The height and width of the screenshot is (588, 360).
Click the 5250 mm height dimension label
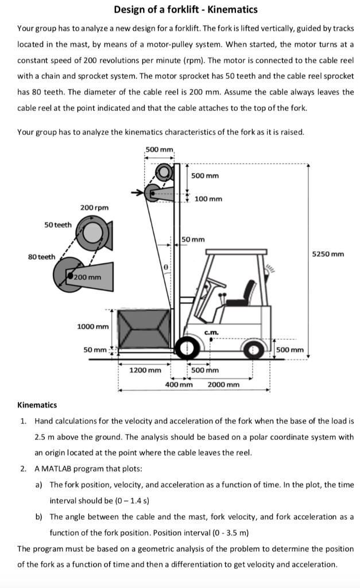328,253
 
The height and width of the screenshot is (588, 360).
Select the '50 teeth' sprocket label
58,225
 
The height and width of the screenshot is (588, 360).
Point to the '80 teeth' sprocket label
41,257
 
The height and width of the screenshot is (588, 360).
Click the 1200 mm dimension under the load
145,370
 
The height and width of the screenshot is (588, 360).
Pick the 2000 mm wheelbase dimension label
223,384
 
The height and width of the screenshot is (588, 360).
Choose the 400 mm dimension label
179,384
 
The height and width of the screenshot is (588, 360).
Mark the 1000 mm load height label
92,327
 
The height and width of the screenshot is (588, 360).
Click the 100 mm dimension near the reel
208,199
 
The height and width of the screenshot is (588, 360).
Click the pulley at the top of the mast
166,172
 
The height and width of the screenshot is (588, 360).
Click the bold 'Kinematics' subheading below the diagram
37,405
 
